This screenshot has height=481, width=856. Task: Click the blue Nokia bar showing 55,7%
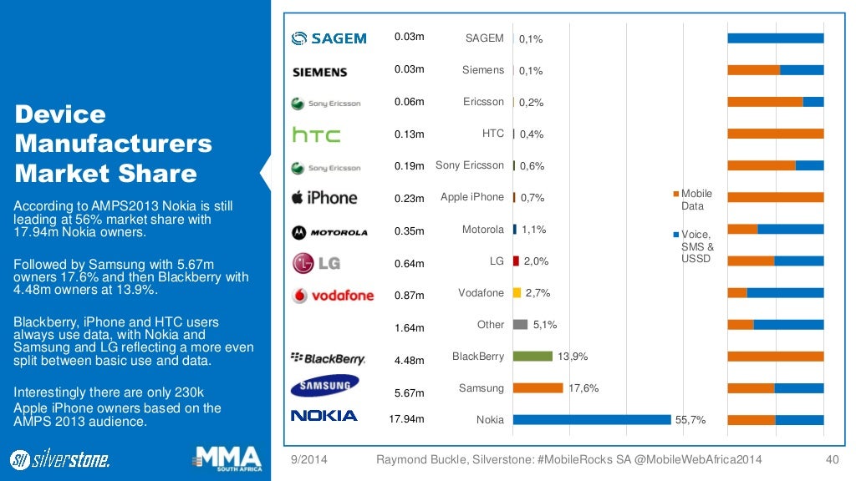(x=592, y=419)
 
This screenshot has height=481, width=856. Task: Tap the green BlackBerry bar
(x=532, y=357)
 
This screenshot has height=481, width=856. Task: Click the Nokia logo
(x=324, y=416)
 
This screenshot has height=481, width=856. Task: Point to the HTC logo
(x=316, y=134)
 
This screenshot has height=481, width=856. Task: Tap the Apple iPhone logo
(x=324, y=198)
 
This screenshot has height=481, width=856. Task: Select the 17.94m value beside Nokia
(x=407, y=419)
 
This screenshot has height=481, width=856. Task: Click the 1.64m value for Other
(x=410, y=328)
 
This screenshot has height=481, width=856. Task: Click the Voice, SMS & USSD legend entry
(x=695, y=246)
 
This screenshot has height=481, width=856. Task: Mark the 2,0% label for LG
(x=536, y=261)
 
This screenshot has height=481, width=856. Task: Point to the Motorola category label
(x=483, y=230)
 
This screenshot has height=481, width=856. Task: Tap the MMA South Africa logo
(x=227, y=458)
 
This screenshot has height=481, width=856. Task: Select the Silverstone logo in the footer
(x=59, y=458)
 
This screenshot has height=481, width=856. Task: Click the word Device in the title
(x=60, y=114)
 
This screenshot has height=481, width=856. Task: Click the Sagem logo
(x=329, y=38)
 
